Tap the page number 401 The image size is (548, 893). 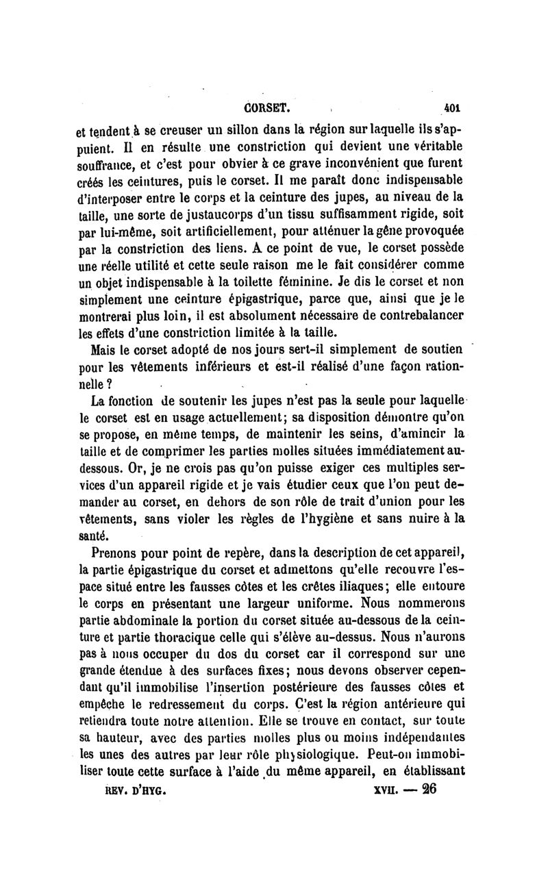(453, 107)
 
